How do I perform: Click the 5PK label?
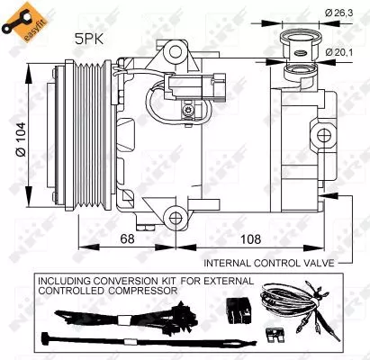[89, 40]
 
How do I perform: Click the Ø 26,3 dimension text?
[338, 13]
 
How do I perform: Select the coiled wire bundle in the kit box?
[293, 306]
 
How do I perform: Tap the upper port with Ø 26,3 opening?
[297, 38]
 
